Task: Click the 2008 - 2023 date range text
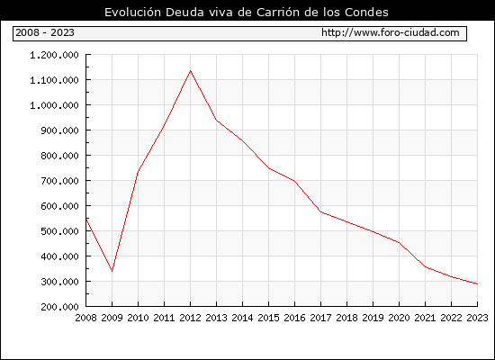pos(45,32)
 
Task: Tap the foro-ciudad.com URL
pos(391,32)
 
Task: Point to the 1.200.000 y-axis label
pos(54,55)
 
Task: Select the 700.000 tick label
pos(59,181)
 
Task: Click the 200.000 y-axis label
pos(59,307)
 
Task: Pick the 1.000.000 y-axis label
pos(54,105)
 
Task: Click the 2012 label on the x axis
pos(191,318)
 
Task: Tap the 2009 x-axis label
pos(112,318)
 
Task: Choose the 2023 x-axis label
pos(477,318)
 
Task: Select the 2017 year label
pos(320,318)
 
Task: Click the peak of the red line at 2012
pos(191,71)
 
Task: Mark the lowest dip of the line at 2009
pos(112,271)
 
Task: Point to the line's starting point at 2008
pos(86,219)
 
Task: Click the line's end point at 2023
pos(477,283)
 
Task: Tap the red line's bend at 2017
pos(320,211)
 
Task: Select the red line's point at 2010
pos(138,173)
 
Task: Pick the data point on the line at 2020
pos(399,242)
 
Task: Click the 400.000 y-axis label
pos(59,256)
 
